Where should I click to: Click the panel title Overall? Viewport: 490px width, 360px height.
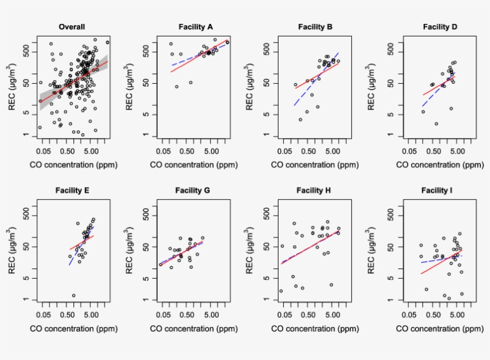[72, 27]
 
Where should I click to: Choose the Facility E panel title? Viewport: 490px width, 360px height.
[72, 191]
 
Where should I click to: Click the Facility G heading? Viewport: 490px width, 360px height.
[192, 191]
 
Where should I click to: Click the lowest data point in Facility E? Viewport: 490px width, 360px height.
[73, 295]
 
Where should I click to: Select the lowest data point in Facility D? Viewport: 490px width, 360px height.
[437, 124]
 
